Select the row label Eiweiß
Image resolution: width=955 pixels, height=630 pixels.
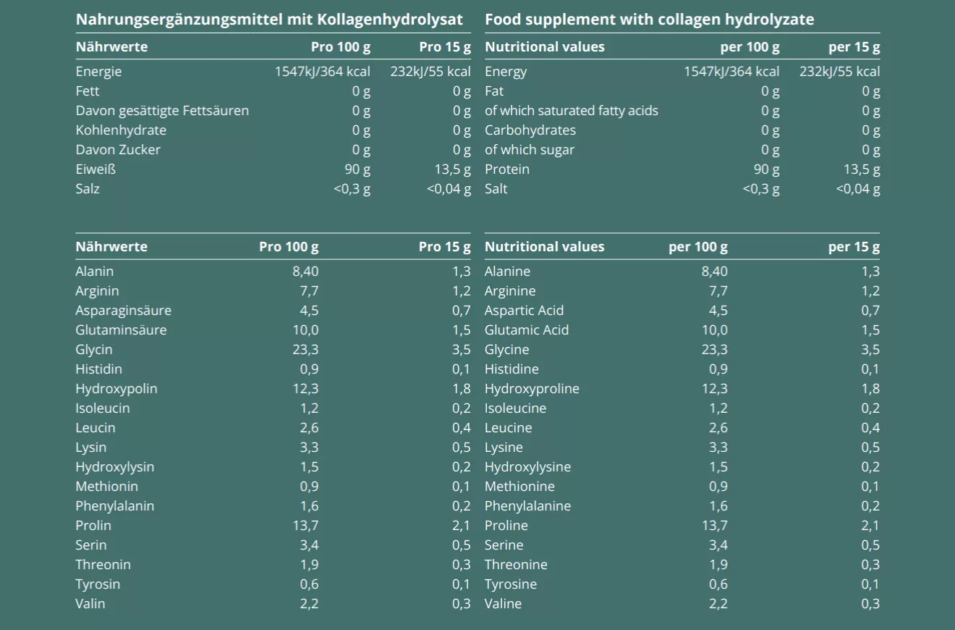point(95,169)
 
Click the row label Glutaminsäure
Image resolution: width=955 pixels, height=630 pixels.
point(121,330)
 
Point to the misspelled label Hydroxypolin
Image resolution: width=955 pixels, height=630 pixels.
point(116,389)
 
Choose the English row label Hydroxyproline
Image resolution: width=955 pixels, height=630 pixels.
point(532,389)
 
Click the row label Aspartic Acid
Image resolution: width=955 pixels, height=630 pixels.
point(524,311)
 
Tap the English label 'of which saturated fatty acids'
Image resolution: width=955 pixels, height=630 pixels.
point(572,111)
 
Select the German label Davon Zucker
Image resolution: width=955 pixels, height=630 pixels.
point(118,150)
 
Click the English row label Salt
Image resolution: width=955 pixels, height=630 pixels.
point(496,189)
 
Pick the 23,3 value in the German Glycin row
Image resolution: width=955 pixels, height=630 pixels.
point(305,350)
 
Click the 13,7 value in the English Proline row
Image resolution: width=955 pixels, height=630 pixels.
point(714,526)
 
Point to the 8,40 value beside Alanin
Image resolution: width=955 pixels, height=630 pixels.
point(304,272)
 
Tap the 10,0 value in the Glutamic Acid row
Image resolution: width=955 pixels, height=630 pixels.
point(714,330)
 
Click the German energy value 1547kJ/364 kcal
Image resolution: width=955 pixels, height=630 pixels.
point(323,72)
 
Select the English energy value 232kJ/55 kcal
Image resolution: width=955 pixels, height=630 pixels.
point(839,72)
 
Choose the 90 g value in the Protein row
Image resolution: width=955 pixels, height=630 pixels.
point(766,169)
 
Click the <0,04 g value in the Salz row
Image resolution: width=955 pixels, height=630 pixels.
point(449,189)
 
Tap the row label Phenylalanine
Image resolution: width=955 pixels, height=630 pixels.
point(527,506)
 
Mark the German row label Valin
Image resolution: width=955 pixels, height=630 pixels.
point(90,604)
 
